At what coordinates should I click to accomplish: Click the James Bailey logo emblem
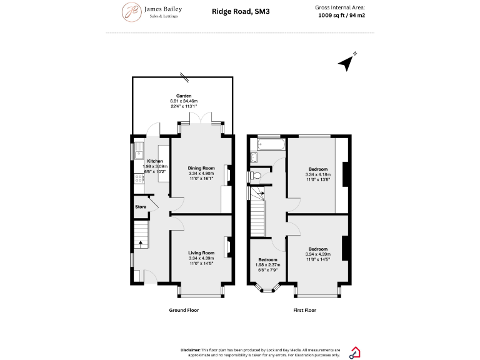(x=131, y=12)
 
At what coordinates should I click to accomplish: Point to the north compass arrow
(x=346, y=62)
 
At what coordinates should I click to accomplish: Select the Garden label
(x=183, y=96)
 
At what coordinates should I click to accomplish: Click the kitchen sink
(x=139, y=153)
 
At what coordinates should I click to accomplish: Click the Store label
(x=140, y=207)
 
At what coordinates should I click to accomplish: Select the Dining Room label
(x=201, y=168)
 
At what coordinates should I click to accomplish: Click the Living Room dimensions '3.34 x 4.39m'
(x=201, y=258)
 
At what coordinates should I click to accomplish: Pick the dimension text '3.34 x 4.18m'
(x=318, y=174)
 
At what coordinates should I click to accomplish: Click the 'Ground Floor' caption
(x=184, y=310)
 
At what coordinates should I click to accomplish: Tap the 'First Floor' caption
(x=305, y=310)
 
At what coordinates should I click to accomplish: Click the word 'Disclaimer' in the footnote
(x=191, y=350)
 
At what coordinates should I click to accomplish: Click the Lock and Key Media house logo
(x=354, y=352)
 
